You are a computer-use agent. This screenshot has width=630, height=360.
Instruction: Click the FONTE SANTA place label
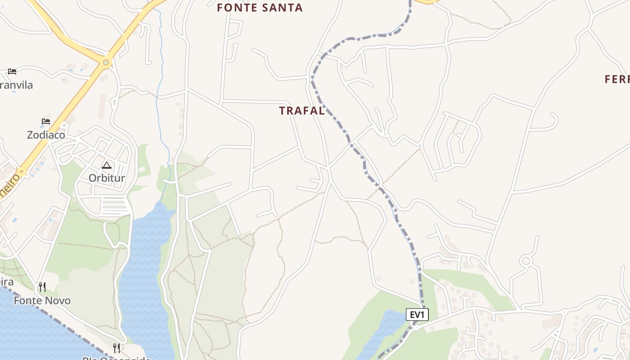pos(260,8)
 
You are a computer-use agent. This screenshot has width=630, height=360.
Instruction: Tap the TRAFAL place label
pos(301,111)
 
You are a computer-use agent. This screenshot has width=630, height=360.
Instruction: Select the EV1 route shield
pos(417,315)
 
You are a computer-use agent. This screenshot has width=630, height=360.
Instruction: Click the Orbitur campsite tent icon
pos(106,165)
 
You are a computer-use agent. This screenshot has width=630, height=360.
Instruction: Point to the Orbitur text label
pos(107,178)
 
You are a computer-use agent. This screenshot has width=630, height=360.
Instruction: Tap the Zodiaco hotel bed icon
pos(46,121)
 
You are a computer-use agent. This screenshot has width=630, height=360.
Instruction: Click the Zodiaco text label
pos(46,135)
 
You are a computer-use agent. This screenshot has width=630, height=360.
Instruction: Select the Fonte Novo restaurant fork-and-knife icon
pos(42,287)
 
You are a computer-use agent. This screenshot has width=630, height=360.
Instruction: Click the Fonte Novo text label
pos(42,300)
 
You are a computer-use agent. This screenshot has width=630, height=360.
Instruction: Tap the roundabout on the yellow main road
pos(106,63)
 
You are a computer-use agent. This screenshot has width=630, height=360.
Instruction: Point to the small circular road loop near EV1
pos(526,261)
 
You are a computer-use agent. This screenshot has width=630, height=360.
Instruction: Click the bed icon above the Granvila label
pos(12,72)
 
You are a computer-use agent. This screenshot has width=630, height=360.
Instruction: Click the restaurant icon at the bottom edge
pos(116,348)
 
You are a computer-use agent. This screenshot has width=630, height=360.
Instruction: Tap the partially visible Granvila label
pos(17,85)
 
